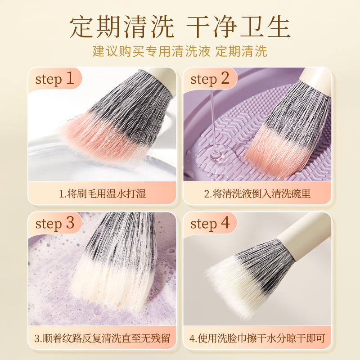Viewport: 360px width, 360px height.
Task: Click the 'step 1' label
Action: click(x=54, y=79)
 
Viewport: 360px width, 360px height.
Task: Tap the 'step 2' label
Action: click(x=210, y=79)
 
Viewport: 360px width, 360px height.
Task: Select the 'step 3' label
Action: click(x=54, y=223)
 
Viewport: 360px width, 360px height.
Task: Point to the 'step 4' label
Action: click(x=210, y=223)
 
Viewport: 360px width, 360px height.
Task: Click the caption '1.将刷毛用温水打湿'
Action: click(x=103, y=193)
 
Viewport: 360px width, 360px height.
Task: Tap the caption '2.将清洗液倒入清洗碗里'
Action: click(x=257, y=193)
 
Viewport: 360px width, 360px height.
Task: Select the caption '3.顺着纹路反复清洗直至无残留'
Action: click(x=103, y=338)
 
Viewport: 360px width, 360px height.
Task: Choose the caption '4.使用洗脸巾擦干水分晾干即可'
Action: click(x=257, y=338)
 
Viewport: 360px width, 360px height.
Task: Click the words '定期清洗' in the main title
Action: click(x=122, y=27)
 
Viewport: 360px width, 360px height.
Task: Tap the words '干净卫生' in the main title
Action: click(x=238, y=27)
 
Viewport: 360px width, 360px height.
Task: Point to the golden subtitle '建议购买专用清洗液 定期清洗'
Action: click(x=180, y=51)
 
